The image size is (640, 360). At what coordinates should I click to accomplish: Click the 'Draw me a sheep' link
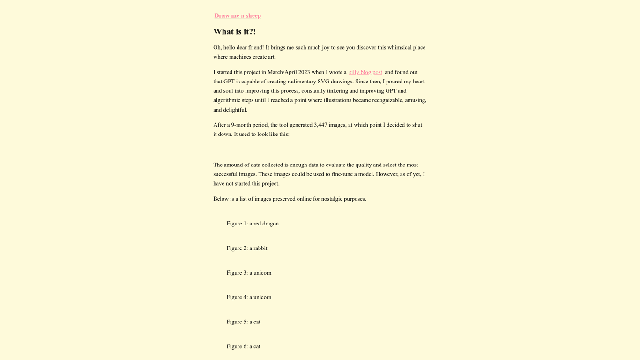point(238,16)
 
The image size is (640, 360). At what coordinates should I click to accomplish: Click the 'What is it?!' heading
point(234,32)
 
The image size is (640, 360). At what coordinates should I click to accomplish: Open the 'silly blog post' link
point(365,72)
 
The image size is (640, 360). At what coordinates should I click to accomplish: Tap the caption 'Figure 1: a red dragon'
point(253,224)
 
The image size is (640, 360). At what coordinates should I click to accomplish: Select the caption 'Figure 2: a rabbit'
point(247,248)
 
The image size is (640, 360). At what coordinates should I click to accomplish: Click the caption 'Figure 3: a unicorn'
point(249,273)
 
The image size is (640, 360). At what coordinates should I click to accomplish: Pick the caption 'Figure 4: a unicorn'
point(249,297)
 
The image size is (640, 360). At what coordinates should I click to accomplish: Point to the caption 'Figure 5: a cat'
point(243,322)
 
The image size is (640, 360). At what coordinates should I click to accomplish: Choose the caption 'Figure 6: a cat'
point(243,347)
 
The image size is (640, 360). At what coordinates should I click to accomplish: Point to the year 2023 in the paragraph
point(304,72)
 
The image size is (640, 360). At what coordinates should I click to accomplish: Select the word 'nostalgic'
point(331,199)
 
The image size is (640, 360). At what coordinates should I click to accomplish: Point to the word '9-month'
point(241,125)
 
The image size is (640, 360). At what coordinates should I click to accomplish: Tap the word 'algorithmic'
point(227,100)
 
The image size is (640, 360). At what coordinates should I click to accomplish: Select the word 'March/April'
point(282,72)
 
